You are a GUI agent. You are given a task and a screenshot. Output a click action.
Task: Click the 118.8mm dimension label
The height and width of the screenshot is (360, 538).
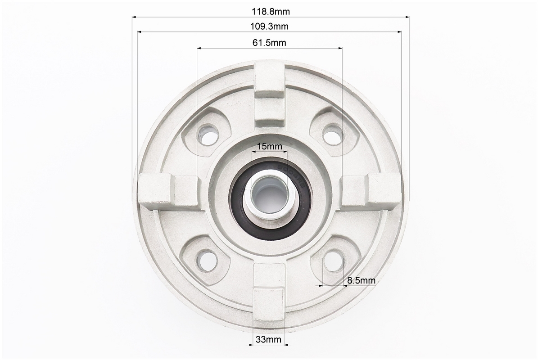(x=271, y=12)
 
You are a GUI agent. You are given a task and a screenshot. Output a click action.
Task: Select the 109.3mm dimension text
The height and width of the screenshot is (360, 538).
(x=269, y=27)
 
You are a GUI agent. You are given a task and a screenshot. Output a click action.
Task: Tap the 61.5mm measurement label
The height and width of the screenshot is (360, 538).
(x=269, y=42)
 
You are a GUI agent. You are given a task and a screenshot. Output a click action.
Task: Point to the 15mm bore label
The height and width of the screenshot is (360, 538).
(x=270, y=146)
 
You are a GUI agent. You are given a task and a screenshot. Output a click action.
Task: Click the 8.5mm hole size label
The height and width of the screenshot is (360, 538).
(x=362, y=280)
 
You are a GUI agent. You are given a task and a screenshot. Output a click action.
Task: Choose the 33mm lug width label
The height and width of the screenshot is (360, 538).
(x=268, y=339)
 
